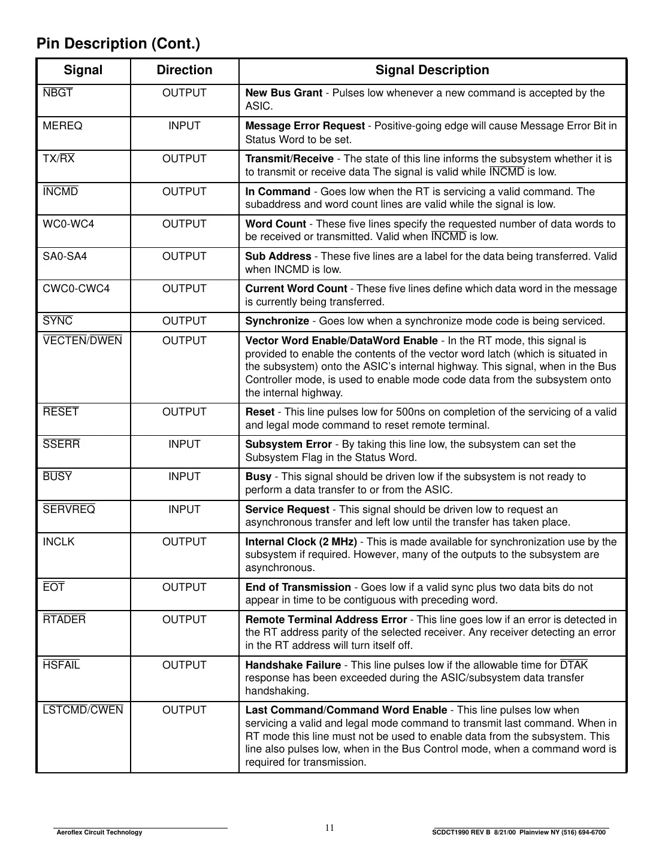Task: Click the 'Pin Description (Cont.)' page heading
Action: coord(118,44)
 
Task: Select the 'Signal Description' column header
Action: coord(432,70)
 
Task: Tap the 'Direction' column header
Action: coord(185,70)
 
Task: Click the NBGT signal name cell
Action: coord(58,93)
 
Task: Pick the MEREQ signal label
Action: coord(63,126)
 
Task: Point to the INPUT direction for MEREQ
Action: coord(185,126)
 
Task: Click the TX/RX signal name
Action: coord(59,159)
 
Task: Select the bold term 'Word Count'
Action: coord(276,224)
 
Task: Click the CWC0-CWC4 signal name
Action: coord(76,289)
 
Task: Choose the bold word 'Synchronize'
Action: coord(277,321)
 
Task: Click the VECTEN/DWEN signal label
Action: coord(83,341)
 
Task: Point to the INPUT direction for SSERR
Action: coord(185,444)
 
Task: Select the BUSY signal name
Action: coord(58,476)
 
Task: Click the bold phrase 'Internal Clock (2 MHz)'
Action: coord(301,542)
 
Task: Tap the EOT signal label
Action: coord(54,587)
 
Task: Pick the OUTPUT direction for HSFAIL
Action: coord(185,665)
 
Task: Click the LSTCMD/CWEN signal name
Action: coord(83,710)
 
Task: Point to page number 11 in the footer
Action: coord(330,828)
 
